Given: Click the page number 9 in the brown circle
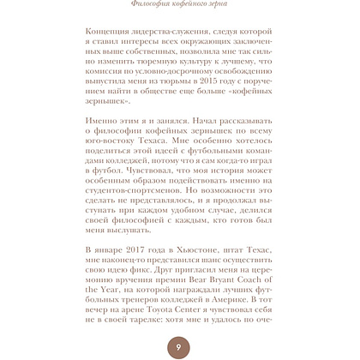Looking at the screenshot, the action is pyautogui.click(x=177, y=347).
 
